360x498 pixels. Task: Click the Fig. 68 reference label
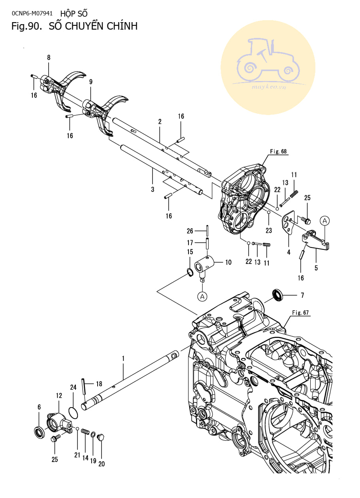[x=278, y=151]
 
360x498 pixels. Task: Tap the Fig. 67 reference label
[x=300, y=313]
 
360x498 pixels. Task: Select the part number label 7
[x=302, y=295]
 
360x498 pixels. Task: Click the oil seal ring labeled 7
[x=278, y=295]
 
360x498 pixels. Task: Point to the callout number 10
[x=228, y=262]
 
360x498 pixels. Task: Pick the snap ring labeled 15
[x=189, y=273]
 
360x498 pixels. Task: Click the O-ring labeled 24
[x=73, y=413]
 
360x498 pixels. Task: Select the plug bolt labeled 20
[x=101, y=438]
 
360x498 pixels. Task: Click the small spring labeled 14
[x=85, y=431]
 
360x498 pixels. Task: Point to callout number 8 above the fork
[x=49, y=58]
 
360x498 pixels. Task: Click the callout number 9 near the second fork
[x=90, y=82]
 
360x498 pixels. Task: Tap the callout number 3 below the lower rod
[x=153, y=189]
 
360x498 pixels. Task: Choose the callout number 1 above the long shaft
[x=123, y=358]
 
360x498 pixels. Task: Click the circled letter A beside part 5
[x=325, y=221]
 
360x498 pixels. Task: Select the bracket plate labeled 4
[x=288, y=222]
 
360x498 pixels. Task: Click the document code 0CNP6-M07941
[x=32, y=13]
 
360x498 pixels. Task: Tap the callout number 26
[x=190, y=231]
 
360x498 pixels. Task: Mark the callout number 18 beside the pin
[x=99, y=384]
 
